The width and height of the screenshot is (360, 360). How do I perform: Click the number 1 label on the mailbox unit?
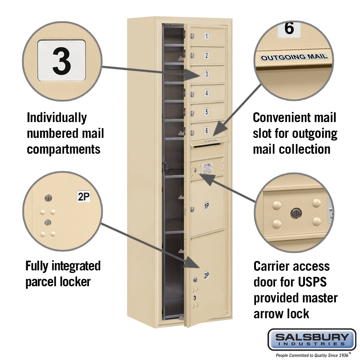coord(207,36)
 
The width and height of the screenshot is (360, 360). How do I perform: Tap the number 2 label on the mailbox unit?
coord(207,55)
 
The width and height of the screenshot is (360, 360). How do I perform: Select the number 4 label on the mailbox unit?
coord(207,93)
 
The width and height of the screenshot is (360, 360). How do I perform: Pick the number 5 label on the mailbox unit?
coord(207,112)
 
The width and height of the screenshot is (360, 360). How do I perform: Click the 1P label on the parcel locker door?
coord(207,206)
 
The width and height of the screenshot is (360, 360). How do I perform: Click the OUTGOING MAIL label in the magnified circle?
coord(294,57)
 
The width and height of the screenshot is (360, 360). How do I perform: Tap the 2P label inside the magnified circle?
coord(84,197)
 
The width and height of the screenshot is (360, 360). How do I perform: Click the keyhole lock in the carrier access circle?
coord(295,213)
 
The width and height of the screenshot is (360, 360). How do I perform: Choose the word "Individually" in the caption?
coord(57,117)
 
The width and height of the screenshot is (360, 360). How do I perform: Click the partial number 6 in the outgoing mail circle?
coord(289,28)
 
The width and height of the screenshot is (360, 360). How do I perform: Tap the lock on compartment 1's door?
coord(193,36)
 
